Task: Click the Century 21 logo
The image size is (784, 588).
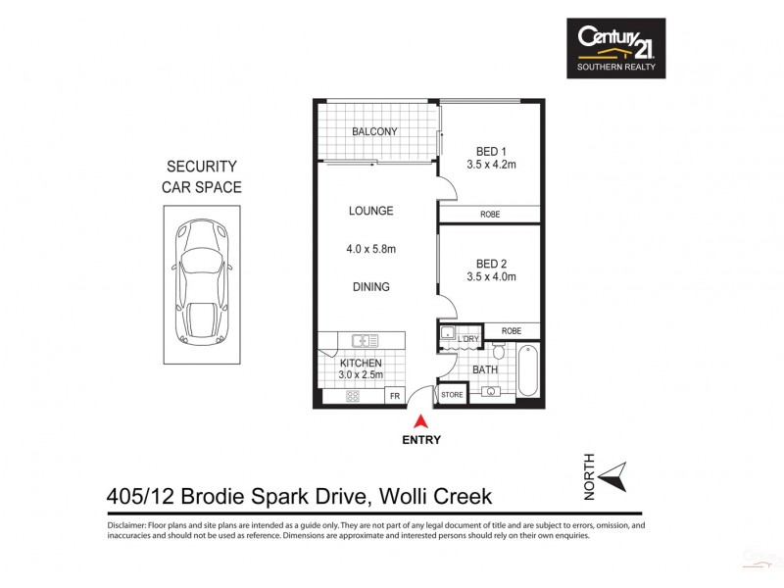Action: click(616, 48)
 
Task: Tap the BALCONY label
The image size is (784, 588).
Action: click(374, 132)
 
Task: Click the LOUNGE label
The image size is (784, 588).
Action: click(371, 211)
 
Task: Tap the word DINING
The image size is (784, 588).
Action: click(371, 287)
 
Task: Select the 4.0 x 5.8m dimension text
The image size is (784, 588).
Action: click(371, 249)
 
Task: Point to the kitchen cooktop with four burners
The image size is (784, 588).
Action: click(351, 396)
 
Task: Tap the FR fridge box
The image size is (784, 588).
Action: click(395, 396)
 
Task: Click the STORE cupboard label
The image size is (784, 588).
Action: click(452, 396)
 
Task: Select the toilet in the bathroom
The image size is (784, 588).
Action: click(498, 352)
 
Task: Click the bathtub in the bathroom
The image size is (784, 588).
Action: click(527, 371)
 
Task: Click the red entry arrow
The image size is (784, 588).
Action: click(420, 421)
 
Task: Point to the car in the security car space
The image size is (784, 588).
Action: click(200, 283)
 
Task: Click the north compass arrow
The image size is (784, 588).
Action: click(614, 477)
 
